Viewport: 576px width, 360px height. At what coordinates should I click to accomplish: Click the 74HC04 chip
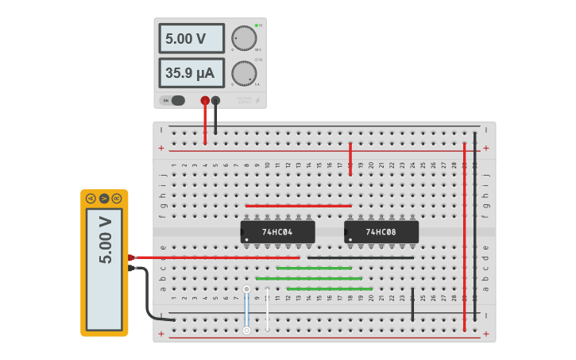(x=277, y=232)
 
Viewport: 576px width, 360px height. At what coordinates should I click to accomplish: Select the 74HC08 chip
(x=381, y=232)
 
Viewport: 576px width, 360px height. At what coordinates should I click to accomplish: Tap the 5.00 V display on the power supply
(x=191, y=38)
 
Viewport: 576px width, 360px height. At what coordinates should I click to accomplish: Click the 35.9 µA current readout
(x=191, y=73)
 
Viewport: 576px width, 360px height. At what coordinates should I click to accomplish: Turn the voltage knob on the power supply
(x=244, y=38)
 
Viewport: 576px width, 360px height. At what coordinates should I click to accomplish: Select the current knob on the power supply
(x=244, y=73)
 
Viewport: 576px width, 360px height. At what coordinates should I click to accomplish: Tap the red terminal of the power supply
(x=205, y=100)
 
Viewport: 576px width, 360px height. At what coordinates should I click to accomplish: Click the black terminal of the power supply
(x=215, y=100)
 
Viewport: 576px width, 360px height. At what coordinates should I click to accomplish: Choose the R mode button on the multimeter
(x=117, y=198)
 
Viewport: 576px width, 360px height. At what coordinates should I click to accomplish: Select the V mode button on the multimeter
(x=104, y=198)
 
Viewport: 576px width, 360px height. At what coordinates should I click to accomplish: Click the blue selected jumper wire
(x=246, y=310)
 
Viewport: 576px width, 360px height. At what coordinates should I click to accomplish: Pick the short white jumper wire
(x=268, y=310)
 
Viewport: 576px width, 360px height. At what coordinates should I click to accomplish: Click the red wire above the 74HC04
(x=298, y=206)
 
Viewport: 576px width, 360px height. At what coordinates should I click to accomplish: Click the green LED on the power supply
(x=257, y=25)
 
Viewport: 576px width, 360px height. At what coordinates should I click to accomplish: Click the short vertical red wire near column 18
(x=350, y=159)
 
